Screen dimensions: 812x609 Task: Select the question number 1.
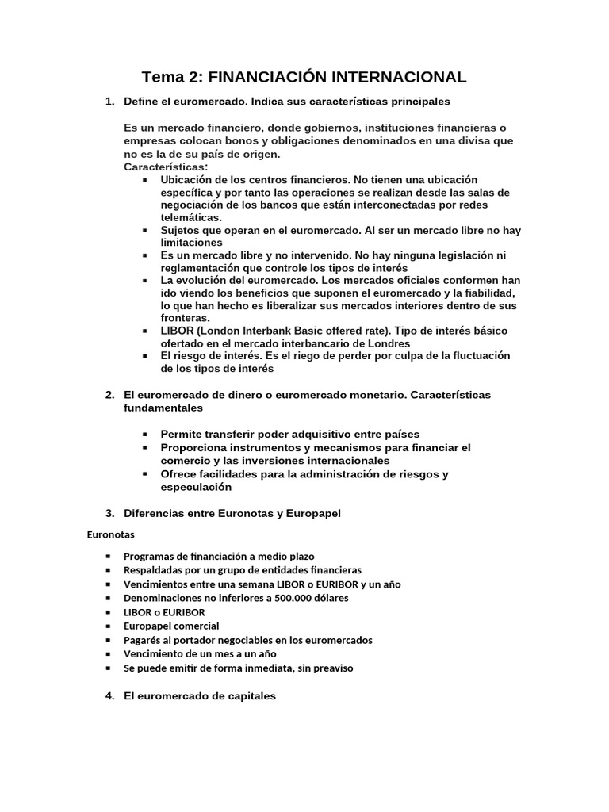[x=109, y=101]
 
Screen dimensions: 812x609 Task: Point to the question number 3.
[x=109, y=513]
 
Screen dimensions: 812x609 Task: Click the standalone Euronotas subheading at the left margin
[x=111, y=534]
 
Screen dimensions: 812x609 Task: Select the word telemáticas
[x=191, y=217]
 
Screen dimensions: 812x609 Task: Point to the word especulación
[x=196, y=488]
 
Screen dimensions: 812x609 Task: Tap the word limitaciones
[x=192, y=243]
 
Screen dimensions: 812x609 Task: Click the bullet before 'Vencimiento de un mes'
[x=108, y=654]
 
